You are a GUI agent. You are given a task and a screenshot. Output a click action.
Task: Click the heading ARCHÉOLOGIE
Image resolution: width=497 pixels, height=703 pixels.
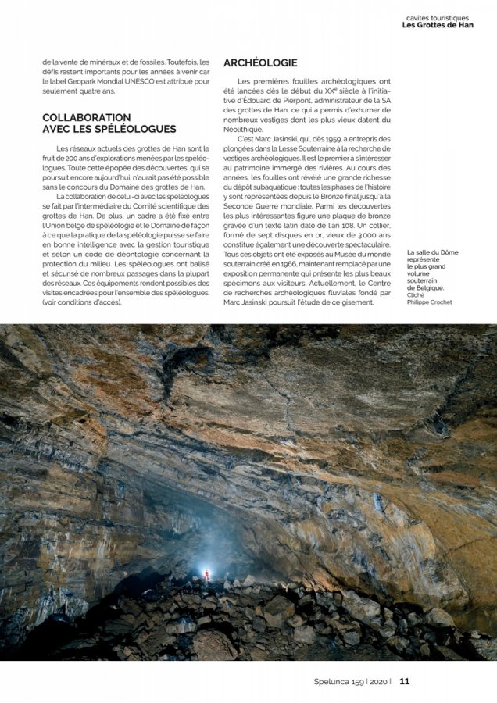260,62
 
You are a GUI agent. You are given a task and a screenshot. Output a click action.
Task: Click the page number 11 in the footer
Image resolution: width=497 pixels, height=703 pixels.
404,681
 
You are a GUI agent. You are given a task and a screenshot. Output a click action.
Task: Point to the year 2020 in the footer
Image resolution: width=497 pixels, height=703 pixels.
377,681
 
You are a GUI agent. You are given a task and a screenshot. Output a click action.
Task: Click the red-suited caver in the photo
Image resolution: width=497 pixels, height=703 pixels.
206,575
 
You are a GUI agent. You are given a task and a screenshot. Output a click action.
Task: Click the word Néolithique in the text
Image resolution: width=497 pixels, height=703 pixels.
246,129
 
